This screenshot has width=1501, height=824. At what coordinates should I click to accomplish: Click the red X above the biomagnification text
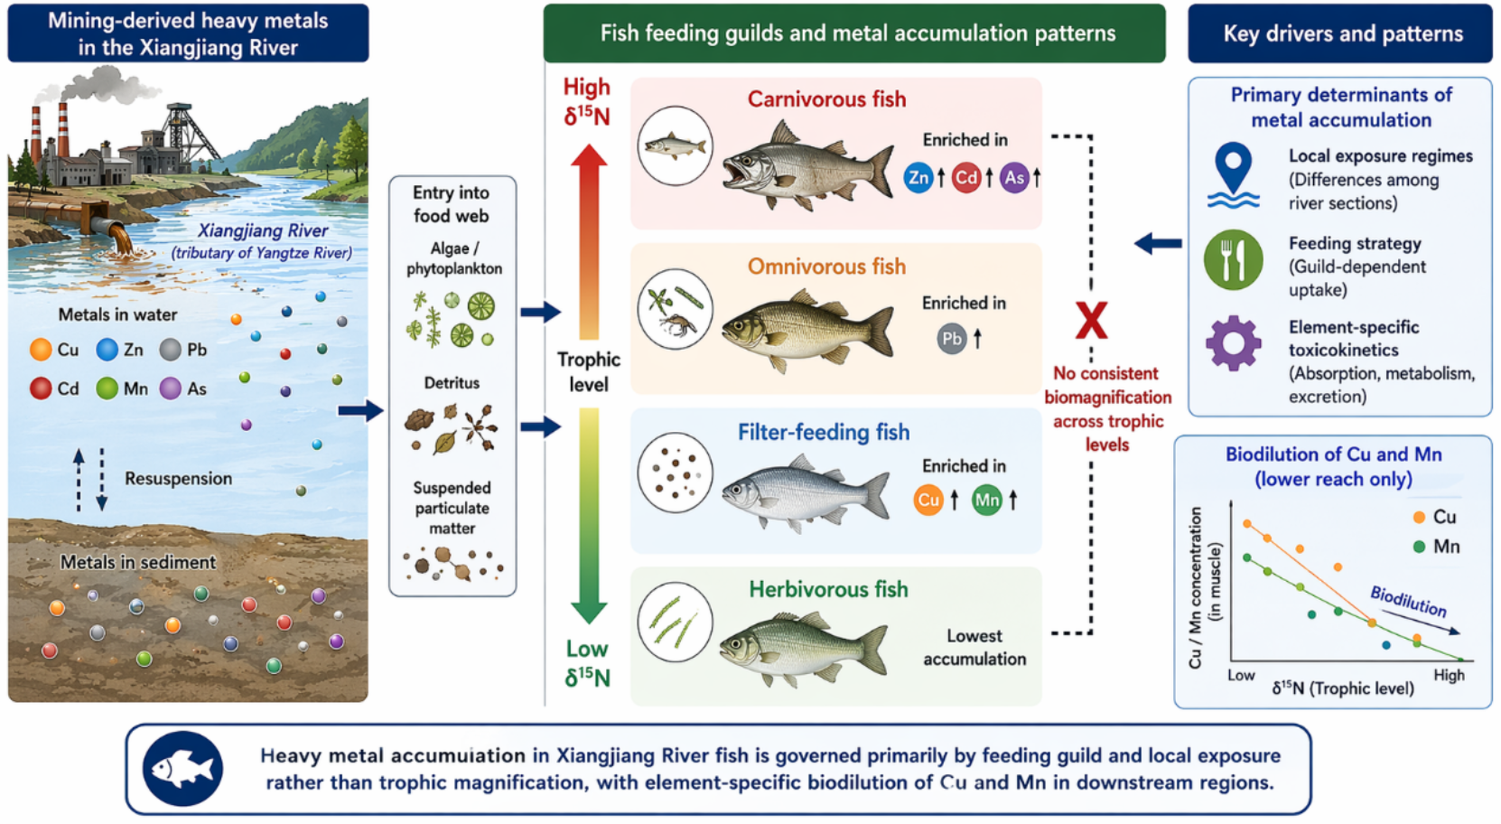1091,321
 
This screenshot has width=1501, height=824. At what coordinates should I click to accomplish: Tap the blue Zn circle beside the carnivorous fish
918,178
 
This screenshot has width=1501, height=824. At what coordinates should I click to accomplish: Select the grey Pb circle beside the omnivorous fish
952,339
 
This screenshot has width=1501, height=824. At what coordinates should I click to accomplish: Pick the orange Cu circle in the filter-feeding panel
928,501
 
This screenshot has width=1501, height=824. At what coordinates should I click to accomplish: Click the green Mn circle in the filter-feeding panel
987,501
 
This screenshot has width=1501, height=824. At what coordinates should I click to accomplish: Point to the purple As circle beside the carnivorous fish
1014,178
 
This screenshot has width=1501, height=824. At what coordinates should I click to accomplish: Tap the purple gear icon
1234,342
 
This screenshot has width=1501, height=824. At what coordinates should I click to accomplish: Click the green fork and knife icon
1233,260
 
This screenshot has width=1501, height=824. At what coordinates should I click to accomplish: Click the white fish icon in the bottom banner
182,768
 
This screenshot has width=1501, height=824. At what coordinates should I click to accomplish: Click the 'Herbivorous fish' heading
828,589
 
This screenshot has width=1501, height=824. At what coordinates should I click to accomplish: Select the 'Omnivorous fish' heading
827,267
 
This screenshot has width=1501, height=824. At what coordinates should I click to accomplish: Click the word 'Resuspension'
178,479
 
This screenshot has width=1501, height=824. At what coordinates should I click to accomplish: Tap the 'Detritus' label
452,383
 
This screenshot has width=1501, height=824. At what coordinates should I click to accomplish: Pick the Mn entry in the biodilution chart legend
1435,547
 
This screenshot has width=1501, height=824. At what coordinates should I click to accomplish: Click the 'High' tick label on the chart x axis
1449,675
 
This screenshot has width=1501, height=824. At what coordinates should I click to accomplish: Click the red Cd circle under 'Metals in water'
41,389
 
